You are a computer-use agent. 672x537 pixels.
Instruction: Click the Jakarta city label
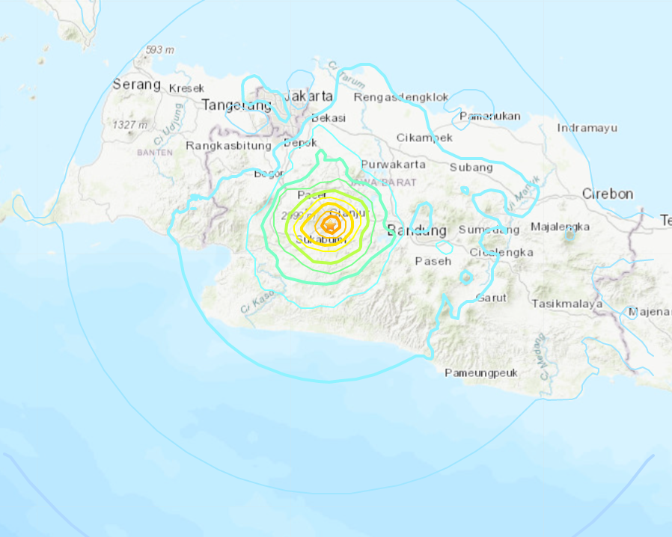(x=308, y=96)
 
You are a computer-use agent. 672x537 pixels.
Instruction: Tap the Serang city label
(x=136, y=85)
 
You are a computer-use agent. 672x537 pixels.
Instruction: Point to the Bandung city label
(x=417, y=230)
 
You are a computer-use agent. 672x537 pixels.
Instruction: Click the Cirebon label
(x=608, y=194)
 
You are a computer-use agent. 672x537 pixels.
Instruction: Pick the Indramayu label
(x=587, y=128)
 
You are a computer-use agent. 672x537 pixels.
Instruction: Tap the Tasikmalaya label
(x=567, y=304)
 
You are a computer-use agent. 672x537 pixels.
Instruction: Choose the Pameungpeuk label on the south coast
(x=480, y=372)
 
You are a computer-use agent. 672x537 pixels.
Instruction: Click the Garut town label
(x=491, y=297)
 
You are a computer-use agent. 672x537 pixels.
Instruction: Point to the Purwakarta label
(x=393, y=165)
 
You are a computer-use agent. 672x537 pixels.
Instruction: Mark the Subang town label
(x=471, y=168)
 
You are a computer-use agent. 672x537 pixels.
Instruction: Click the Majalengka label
(x=560, y=227)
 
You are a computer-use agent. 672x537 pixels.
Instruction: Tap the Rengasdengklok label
(x=401, y=97)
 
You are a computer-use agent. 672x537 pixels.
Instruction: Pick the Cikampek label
(x=424, y=138)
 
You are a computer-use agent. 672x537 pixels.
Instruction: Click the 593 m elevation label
(x=159, y=50)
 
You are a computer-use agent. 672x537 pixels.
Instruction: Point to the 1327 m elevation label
(x=129, y=124)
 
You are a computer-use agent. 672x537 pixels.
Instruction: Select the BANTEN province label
(x=155, y=152)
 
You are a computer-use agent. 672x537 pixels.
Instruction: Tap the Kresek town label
(x=186, y=88)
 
